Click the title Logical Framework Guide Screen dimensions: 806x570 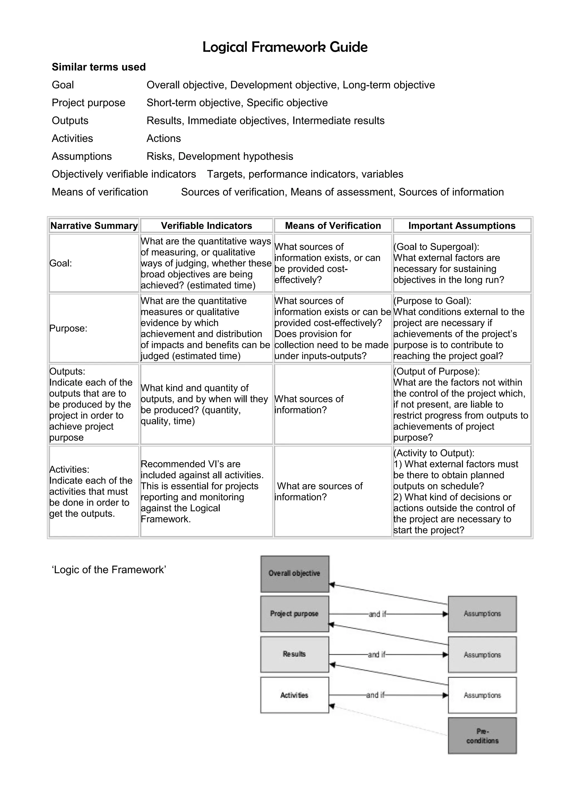tap(284, 47)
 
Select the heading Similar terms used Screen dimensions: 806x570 tap(99, 67)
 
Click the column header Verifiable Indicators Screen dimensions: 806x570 tap(207, 226)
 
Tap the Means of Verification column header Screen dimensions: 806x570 tap(333, 226)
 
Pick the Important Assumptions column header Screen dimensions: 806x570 tap(461, 226)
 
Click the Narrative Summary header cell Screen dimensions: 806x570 tap(94, 226)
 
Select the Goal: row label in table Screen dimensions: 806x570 tap(61, 263)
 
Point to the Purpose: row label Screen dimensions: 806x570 tap(68, 328)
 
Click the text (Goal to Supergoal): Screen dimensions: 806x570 tap(436, 247)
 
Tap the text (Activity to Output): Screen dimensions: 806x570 tap(434, 453)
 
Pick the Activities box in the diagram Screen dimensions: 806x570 tap(294, 695)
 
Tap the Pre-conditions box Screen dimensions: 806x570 tap(482, 735)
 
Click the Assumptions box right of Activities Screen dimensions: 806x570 tap(482, 695)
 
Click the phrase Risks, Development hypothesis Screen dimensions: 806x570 tap(220, 156)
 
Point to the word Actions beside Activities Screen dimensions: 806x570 tap(163, 138)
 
